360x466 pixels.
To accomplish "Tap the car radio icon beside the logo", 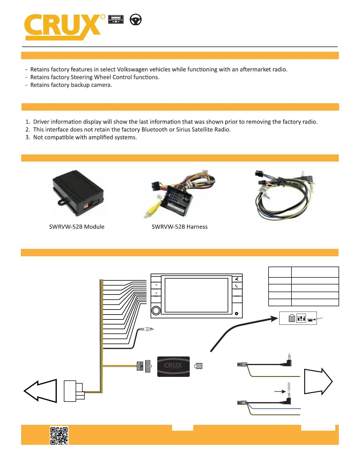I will click(116, 19).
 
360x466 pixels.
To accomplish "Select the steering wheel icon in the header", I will click(136, 20).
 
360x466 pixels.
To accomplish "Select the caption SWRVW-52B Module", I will click(77, 227).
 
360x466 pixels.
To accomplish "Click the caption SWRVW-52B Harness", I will click(179, 227).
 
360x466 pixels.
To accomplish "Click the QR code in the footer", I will click(59, 435).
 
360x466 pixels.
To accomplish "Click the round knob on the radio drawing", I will click(156, 310).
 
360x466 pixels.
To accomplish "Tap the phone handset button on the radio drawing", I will click(237, 286).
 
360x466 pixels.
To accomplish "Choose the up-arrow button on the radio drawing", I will click(156, 285).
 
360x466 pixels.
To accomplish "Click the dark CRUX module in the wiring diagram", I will click(173, 367).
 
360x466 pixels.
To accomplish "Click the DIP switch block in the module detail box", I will click(301, 318).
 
